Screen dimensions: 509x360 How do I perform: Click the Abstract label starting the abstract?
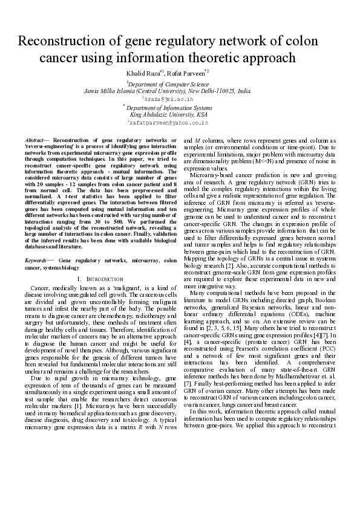pyautogui.click(x=42, y=140)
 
